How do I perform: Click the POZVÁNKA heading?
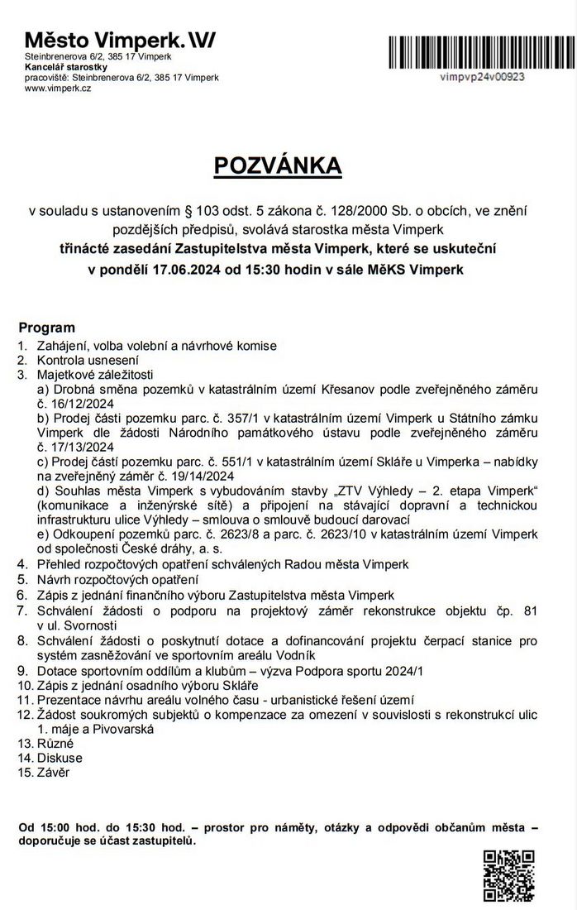point(277,165)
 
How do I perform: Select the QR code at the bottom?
point(508,875)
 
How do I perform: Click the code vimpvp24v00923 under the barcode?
point(484,75)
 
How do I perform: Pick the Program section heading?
point(46,328)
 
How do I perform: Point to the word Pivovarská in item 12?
point(120,729)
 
